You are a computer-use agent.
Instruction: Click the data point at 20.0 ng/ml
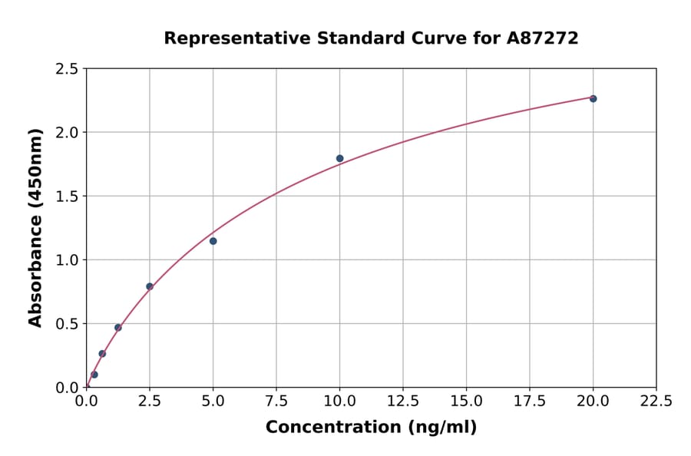[593, 98]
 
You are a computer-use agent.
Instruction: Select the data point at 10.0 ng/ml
[339, 158]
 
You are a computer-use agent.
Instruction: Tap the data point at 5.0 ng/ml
[213, 241]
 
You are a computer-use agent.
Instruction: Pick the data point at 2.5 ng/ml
[150, 286]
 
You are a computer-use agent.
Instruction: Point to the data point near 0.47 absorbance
[118, 328]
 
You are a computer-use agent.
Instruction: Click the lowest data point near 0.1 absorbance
[94, 375]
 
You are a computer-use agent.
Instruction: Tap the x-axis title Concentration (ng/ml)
[371, 428]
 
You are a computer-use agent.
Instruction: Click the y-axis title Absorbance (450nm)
[35, 227]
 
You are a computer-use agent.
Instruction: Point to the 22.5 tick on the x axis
[656, 401]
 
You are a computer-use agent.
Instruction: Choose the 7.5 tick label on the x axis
[276, 401]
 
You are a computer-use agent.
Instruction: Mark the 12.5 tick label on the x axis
[403, 401]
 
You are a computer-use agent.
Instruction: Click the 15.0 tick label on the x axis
[466, 401]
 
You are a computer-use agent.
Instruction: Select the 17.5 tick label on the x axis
[530, 401]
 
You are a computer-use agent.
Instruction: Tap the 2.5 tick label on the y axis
[68, 69]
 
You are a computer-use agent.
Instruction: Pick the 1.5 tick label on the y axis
[68, 197]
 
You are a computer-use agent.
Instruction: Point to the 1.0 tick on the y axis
[68, 260]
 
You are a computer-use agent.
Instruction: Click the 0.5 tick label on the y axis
[68, 324]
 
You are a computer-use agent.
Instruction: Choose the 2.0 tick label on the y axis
[68, 133]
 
